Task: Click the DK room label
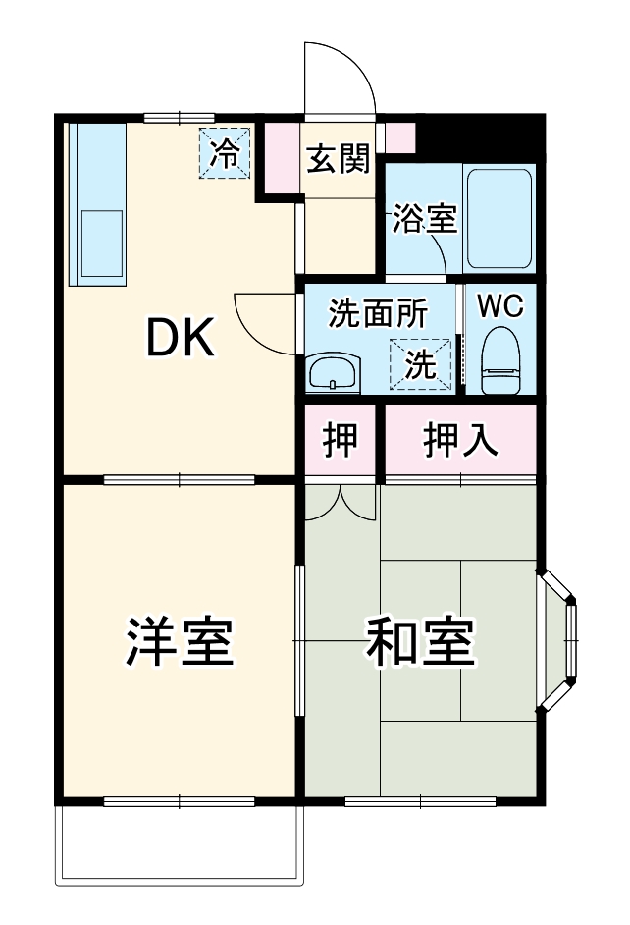(x=180, y=340)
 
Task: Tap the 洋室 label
(x=180, y=642)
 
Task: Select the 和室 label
(x=421, y=642)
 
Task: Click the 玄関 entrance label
(x=339, y=159)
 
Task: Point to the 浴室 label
(x=425, y=219)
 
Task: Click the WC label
(x=500, y=305)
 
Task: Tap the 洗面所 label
(x=377, y=313)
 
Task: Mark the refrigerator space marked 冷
(x=226, y=154)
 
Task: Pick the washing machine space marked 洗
(x=423, y=364)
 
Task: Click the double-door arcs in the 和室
(x=341, y=501)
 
